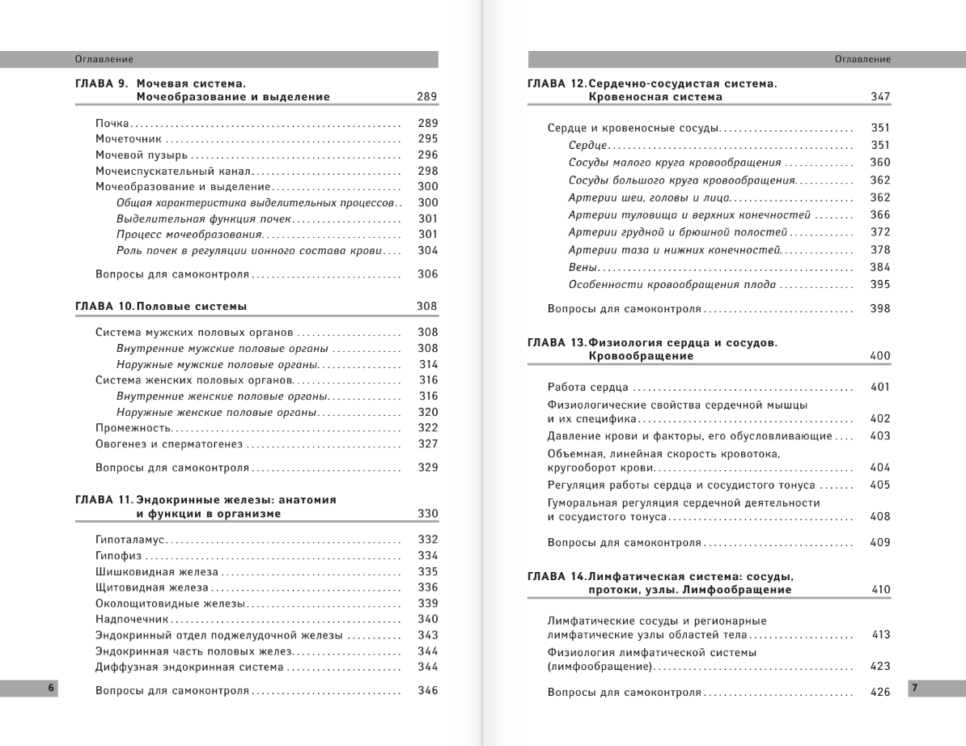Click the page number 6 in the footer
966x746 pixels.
tap(50, 689)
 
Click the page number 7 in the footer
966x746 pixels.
tap(915, 689)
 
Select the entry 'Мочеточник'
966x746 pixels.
tap(124, 139)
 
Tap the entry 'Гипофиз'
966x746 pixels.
tap(118, 556)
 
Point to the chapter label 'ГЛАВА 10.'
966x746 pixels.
tap(103, 307)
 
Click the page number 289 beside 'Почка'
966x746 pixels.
tap(427, 123)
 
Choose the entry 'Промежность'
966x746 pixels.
tap(130, 428)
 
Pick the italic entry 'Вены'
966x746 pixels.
tap(583, 267)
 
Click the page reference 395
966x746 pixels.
tap(880, 285)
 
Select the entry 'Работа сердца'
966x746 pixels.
tap(588, 388)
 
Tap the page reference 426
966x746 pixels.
tap(880, 693)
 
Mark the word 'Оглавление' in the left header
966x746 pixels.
tap(104, 59)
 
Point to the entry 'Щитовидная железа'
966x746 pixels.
tap(151, 587)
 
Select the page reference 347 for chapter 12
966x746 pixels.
tap(880, 97)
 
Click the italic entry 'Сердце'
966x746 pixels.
tap(587, 146)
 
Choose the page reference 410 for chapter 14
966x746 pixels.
tap(880, 591)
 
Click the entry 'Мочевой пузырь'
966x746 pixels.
tap(142, 155)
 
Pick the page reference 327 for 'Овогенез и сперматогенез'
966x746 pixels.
tap(427, 444)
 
